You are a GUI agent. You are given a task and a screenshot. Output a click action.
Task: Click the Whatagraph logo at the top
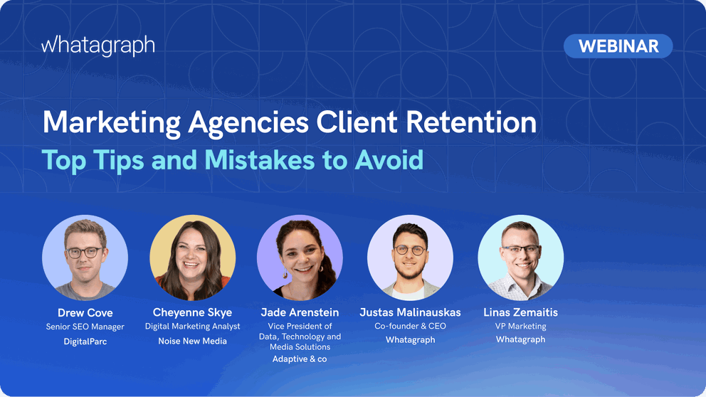pos(98,46)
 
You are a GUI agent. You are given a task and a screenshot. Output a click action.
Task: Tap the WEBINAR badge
pos(618,46)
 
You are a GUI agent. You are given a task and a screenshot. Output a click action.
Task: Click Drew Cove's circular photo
pos(85,257)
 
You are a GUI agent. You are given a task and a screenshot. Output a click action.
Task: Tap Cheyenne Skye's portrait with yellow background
pos(192,257)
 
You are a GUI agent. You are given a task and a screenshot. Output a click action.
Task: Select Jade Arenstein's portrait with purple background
pos(300,257)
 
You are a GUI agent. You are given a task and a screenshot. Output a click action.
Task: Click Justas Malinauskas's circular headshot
pos(410,257)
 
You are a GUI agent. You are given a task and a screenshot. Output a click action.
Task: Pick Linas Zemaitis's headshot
pos(520,257)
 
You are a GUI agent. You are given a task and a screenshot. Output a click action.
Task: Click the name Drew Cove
pos(85,313)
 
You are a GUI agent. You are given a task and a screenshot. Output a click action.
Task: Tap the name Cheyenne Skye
pos(192,313)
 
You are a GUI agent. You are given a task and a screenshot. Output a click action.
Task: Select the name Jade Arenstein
pos(300,313)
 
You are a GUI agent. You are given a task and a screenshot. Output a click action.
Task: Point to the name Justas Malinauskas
pos(410,313)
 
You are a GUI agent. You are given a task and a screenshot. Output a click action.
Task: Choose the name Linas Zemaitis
pos(520,313)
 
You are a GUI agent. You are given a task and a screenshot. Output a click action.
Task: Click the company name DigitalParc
pos(85,342)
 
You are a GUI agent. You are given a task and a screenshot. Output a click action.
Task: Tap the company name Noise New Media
pos(192,342)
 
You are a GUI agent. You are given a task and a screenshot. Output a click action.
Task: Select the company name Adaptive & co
pos(300,359)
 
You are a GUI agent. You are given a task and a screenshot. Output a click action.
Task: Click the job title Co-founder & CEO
pos(410,327)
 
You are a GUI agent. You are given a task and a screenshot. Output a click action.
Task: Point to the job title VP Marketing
pos(520,327)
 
